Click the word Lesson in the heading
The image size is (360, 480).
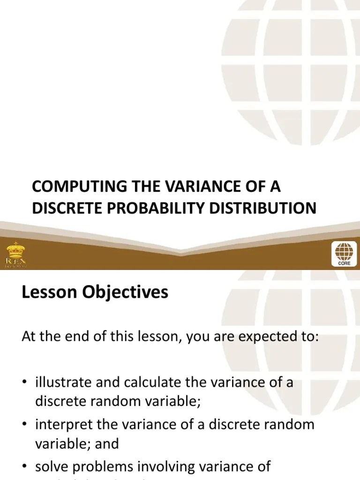(x=45, y=293)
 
